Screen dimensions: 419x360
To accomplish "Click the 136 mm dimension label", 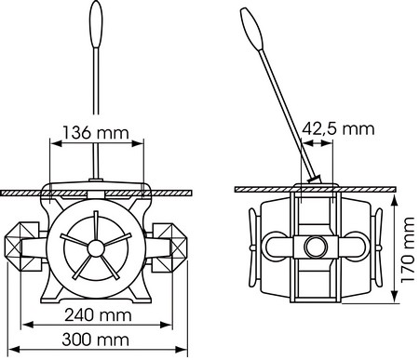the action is [96, 132].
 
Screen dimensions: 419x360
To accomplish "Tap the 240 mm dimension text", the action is [98, 315].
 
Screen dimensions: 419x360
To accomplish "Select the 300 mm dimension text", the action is [96, 340].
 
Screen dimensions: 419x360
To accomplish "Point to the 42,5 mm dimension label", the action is [338, 128].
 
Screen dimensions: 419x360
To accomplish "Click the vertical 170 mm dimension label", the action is [408, 249].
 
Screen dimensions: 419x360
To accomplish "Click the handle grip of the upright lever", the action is [96, 24].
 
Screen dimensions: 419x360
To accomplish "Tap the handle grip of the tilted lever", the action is [252, 29].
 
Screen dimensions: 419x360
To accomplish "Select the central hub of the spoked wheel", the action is [96, 248].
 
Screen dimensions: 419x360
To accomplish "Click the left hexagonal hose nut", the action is [21, 247].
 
